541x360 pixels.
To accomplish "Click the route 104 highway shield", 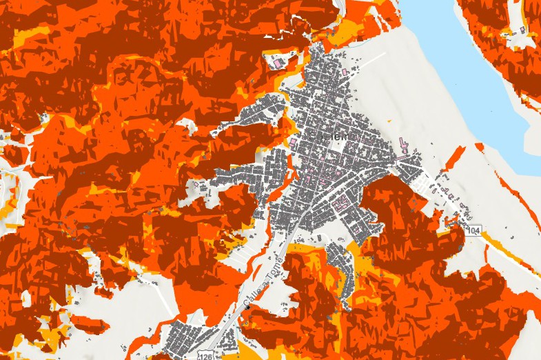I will point(472,230).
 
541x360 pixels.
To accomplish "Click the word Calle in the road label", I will point(252,294).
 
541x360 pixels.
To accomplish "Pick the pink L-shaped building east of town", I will point(403,146).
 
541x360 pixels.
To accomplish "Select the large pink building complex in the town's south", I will point(339,204).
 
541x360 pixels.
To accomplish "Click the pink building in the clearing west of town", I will point(196,184).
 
